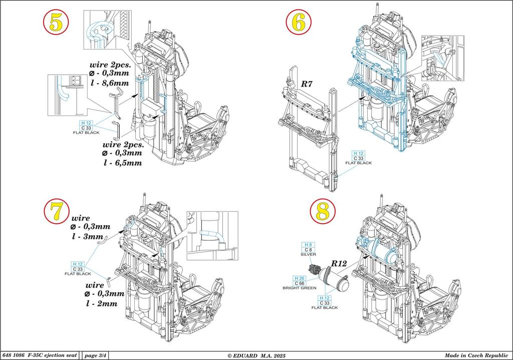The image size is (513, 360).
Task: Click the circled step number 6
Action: (299, 23)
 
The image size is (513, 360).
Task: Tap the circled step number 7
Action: (58, 212)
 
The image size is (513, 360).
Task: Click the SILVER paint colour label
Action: (308, 254)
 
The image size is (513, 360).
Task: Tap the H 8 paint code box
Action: (308, 244)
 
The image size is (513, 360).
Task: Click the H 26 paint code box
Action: (300, 278)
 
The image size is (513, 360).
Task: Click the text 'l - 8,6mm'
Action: (108, 83)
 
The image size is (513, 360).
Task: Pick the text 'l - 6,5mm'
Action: (123, 162)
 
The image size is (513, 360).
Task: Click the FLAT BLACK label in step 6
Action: (358, 163)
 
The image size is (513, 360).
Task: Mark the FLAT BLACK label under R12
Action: (325, 307)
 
